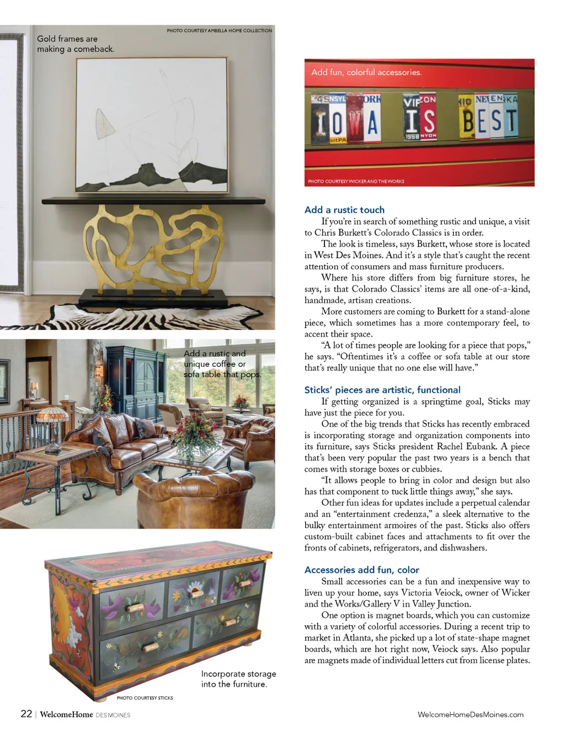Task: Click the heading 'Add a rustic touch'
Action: pyautogui.click(x=344, y=210)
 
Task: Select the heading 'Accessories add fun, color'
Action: pyautogui.click(x=361, y=570)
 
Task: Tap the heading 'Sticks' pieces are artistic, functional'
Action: pyautogui.click(x=382, y=390)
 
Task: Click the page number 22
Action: pyautogui.click(x=26, y=714)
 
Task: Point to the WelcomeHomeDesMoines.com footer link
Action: pyautogui.click(x=470, y=715)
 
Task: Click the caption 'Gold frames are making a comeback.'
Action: pyautogui.click(x=75, y=44)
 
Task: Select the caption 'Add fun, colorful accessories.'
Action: pyautogui.click(x=366, y=72)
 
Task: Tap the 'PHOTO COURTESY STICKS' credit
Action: pyautogui.click(x=145, y=698)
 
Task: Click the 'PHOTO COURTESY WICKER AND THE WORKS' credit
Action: pyautogui.click(x=356, y=181)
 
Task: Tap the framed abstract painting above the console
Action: pyautogui.click(x=152, y=125)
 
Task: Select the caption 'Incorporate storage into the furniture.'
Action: pyautogui.click(x=238, y=679)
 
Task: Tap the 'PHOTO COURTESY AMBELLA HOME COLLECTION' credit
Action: pyautogui.click(x=219, y=31)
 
